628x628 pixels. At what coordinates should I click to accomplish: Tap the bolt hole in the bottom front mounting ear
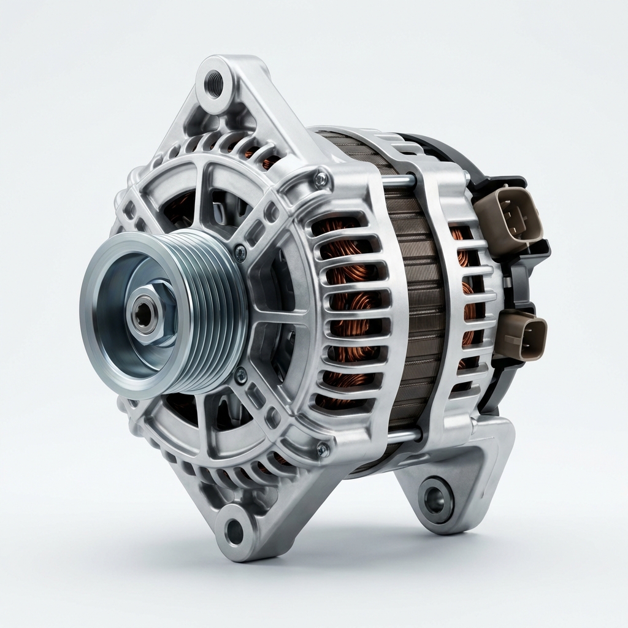tap(234, 531)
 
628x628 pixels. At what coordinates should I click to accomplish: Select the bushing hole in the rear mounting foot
tap(436, 499)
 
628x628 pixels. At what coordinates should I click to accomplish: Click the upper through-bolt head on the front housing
tap(320, 179)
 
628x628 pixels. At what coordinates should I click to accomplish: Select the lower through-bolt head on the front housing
tap(322, 451)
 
